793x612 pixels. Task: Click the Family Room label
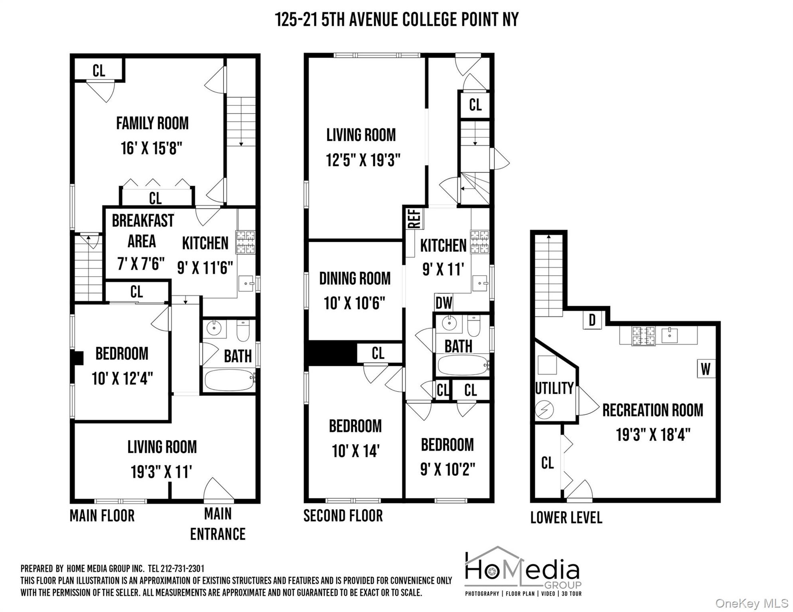point(152,123)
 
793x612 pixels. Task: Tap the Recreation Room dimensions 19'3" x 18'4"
point(653,435)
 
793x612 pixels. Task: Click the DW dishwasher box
point(444,303)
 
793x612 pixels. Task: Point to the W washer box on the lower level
point(706,369)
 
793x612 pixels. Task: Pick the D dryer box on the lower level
point(592,320)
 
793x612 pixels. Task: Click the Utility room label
point(554,388)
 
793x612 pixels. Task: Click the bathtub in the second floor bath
point(463,365)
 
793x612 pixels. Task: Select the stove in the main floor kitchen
point(246,242)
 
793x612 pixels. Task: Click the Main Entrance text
point(218,524)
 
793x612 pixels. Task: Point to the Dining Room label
point(355,279)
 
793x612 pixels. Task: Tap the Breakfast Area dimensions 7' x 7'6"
point(141,263)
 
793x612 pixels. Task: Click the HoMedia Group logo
point(523,572)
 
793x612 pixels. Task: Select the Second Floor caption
point(343,516)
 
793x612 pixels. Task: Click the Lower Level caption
point(566,517)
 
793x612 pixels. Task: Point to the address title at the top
point(396,19)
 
